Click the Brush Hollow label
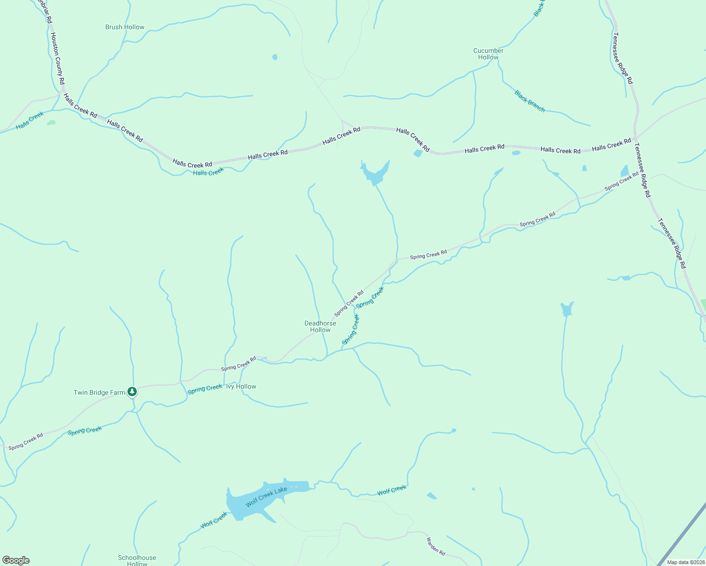(x=125, y=27)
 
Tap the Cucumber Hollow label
(x=488, y=54)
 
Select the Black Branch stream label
(x=529, y=101)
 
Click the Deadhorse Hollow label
(x=320, y=326)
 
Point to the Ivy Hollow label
(x=241, y=386)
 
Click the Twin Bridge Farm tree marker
(x=133, y=391)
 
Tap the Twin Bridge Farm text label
(x=99, y=392)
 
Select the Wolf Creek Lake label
(x=266, y=497)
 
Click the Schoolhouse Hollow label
(x=137, y=560)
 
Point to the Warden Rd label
(x=436, y=546)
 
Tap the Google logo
(x=16, y=560)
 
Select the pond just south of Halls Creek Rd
(x=375, y=174)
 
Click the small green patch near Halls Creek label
(x=51, y=123)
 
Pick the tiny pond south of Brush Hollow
(x=275, y=58)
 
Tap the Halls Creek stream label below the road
(x=208, y=172)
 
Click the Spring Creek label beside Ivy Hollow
(x=205, y=389)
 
